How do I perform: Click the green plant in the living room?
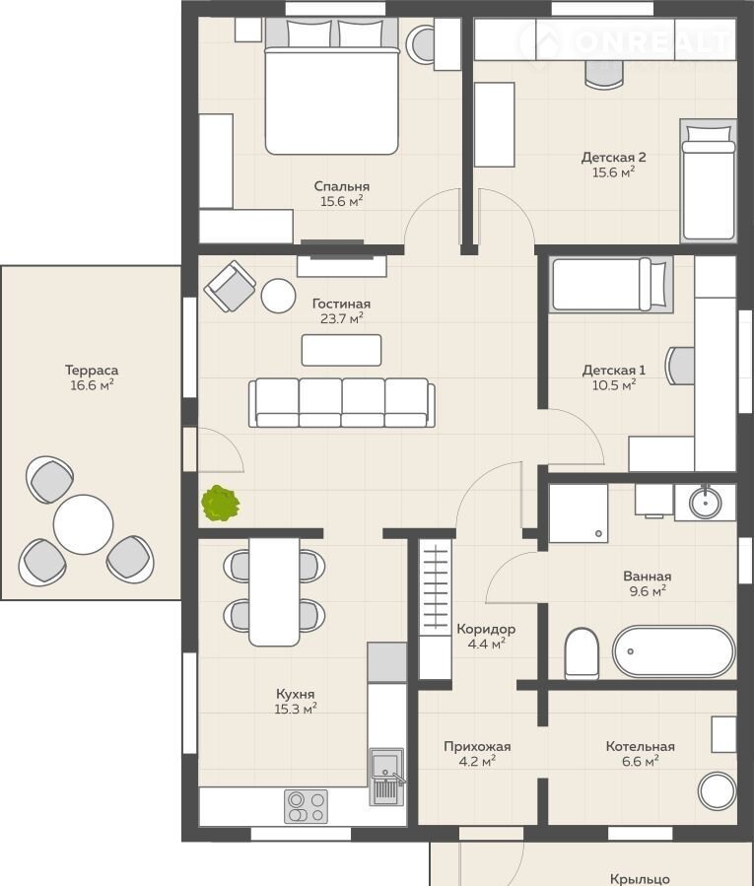(221, 503)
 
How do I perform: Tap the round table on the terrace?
(83, 524)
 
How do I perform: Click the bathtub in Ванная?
(674, 651)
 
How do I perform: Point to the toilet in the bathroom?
(582, 653)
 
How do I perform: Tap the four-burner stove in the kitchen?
(306, 806)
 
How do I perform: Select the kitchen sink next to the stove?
(387, 777)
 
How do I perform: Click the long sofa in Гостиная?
(342, 402)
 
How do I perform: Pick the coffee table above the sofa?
(341, 350)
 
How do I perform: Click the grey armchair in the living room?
(230, 286)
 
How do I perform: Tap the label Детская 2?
(613, 157)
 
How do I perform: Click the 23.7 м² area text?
(341, 318)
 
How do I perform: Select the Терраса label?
(92, 371)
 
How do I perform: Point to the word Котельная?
(640, 746)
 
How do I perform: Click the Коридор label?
(486, 629)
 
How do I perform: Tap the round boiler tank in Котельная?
(718, 791)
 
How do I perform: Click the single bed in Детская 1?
(610, 284)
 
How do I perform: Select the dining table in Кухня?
(274, 591)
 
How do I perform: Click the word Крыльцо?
(640, 879)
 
